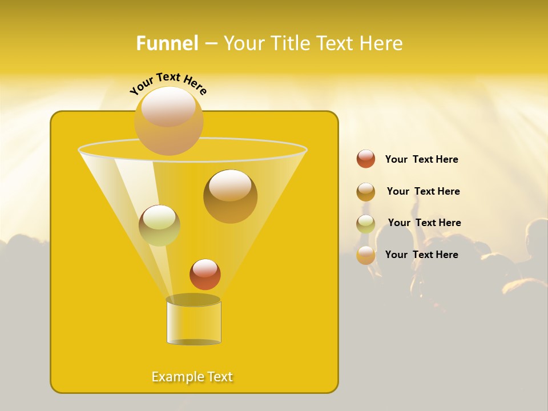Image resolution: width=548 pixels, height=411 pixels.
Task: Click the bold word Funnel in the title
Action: (167, 43)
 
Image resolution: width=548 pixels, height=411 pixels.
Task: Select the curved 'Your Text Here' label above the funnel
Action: (168, 83)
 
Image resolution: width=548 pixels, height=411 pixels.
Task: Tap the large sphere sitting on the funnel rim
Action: (168, 120)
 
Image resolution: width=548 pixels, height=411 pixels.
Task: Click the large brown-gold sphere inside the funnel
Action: (230, 196)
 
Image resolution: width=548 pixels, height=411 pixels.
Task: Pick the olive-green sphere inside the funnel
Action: (159, 225)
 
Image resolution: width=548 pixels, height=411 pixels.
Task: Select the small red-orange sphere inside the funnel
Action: (205, 274)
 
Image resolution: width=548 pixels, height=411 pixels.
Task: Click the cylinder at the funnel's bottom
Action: (194, 323)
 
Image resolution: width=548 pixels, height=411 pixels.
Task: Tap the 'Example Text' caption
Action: (192, 377)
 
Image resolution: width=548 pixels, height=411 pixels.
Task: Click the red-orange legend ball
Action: (366, 159)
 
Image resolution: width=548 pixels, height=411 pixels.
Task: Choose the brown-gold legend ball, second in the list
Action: (366, 191)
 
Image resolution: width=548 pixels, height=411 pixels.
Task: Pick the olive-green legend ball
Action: (366, 223)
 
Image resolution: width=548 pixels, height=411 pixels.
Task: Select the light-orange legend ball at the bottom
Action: (366, 255)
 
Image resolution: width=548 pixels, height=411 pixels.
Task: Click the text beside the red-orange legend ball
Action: (421, 159)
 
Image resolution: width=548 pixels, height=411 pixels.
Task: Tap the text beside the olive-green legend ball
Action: (424, 223)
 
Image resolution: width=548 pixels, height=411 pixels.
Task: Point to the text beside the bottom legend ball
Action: (421, 255)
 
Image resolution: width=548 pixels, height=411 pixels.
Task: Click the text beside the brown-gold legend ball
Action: (423, 191)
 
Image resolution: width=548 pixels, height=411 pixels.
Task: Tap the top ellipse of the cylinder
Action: (193, 300)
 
